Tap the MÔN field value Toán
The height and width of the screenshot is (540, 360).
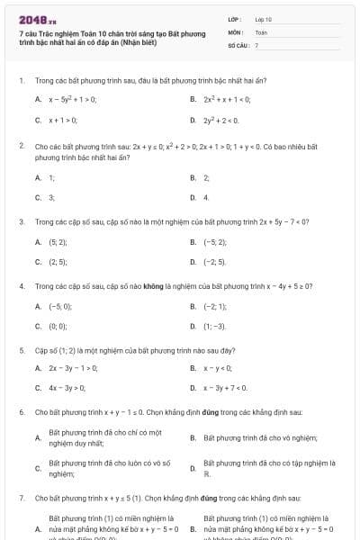tap(261, 31)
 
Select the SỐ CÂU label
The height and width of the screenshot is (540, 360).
tap(238, 44)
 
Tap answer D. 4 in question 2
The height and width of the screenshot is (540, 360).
tap(206, 196)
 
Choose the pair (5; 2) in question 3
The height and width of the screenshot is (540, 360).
tap(56, 241)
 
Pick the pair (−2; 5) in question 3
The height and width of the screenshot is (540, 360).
tap(214, 262)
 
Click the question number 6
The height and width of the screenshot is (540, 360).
tap(21, 411)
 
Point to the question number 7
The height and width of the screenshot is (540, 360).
tap(21, 497)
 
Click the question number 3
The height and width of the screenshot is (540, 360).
tap(21, 220)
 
